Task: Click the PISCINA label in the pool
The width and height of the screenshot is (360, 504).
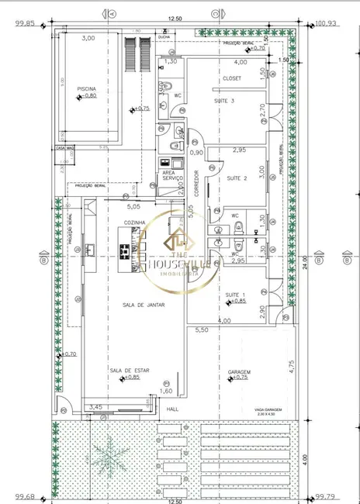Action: click(x=87, y=89)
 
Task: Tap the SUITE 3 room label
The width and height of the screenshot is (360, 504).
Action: click(x=226, y=101)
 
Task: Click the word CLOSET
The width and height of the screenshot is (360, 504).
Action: click(x=232, y=78)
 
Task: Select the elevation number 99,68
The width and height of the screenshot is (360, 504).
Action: click(x=26, y=497)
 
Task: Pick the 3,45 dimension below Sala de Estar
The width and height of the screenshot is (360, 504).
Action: click(x=95, y=406)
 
